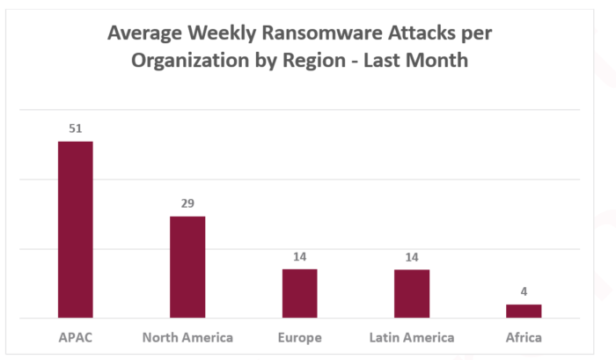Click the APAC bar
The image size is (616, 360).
[x=76, y=229]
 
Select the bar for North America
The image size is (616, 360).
[x=187, y=267]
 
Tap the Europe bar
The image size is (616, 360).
[x=299, y=293]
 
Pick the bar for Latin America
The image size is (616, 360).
[x=411, y=293]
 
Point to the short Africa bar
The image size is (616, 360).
[x=524, y=311]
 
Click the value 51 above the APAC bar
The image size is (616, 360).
[x=76, y=129]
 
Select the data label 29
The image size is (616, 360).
[x=187, y=203]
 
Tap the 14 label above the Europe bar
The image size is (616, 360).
[x=299, y=256]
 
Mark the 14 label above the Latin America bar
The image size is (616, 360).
[x=411, y=256]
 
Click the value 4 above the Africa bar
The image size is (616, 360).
[x=524, y=291]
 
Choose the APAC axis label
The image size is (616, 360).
[x=76, y=338]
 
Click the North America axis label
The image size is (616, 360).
[x=187, y=338]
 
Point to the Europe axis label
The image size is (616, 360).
[x=299, y=338]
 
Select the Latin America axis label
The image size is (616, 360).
[x=411, y=338]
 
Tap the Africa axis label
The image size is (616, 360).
[x=524, y=338]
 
